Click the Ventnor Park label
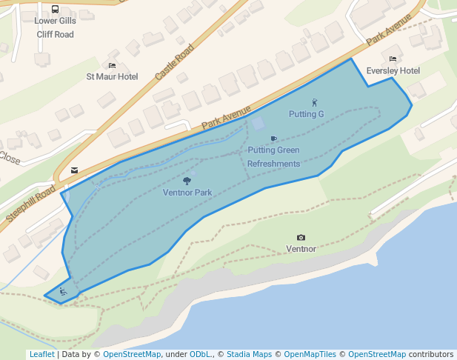coord(187,193)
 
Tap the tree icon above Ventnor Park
coord(187,180)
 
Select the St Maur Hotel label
coord(112,76)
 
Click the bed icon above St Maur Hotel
coord(112,65)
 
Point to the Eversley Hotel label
coord(393,70)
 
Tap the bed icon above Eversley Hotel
coord(393,59)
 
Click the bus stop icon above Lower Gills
coord(56,10)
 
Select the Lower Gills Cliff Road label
coord(55,27)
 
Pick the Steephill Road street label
coord(31,204)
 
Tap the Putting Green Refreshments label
coord(273,157)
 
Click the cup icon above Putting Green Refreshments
coord(273,139)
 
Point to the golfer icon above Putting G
coord(314,102)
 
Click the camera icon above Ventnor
coord(301,238)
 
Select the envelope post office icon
coord(74,170)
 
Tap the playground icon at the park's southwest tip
coord(63,293)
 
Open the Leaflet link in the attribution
coord(41,354)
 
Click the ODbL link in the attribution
coord(200,354)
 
